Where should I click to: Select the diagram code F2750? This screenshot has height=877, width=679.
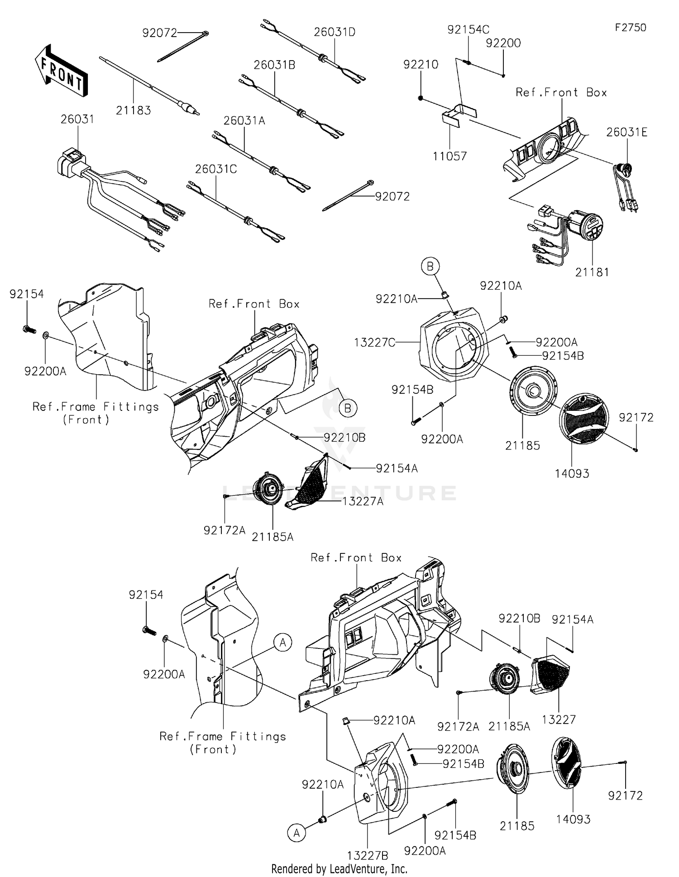[x=630, y=28]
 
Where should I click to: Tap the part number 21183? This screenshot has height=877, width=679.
[x=133, y=110]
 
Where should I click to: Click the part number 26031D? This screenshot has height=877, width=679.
[x=335, y=32]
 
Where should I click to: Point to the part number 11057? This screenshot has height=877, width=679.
[x=449, y=156]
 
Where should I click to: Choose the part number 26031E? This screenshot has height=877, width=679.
[x=626, y=132]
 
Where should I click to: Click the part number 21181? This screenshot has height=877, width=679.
[x=592, y=272]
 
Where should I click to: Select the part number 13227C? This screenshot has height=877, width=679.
[x=374, y=343]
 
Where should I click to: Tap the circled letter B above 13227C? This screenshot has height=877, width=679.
[x=430, y=267]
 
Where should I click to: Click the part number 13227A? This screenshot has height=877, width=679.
[x=363, y=501]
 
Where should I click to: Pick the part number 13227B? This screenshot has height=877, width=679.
[x=368, y=855]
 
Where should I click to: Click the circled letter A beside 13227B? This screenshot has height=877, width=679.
[x=296, y=833]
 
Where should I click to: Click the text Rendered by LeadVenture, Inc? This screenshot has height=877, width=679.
[x=339, y=868]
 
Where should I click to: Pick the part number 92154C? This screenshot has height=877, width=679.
[x=468, y=30]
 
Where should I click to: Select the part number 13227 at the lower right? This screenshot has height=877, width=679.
[x=558, y=719]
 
